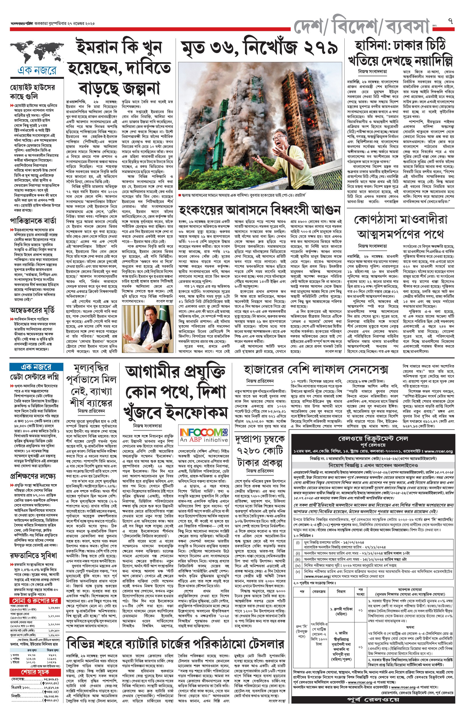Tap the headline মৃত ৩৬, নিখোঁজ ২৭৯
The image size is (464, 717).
coord(260,48)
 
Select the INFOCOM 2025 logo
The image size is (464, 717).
coord(204,435)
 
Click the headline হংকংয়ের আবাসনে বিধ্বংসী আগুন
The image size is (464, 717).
coord(260,209)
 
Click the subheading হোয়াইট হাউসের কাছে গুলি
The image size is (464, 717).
coord(33,92)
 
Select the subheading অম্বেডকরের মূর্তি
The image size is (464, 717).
coord(32,310)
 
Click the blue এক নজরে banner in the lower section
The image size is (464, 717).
coord(36,367)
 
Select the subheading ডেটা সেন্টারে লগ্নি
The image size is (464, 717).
coord(34,377)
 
